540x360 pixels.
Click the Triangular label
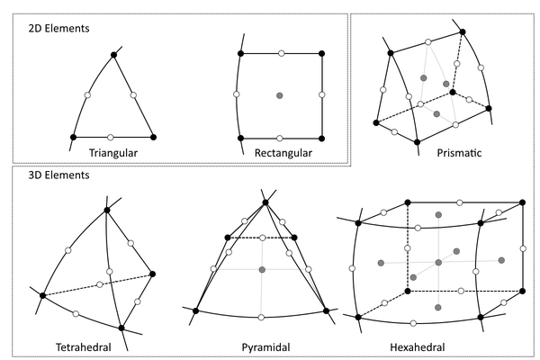[112, 153]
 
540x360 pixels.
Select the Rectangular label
[282, 153]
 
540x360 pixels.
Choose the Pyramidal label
[265, 346]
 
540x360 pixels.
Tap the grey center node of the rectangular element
[281, 95]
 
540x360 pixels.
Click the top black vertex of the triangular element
[114, 56]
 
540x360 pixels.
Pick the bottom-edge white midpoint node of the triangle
[111, 137]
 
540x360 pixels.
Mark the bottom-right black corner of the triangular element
[153, 137]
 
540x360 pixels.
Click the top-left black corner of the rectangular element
[241, 54]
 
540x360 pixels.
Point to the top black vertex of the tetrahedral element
[108, 210]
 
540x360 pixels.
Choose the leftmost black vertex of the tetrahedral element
[42, 295]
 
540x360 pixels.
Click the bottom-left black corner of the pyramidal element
[195, 310]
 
